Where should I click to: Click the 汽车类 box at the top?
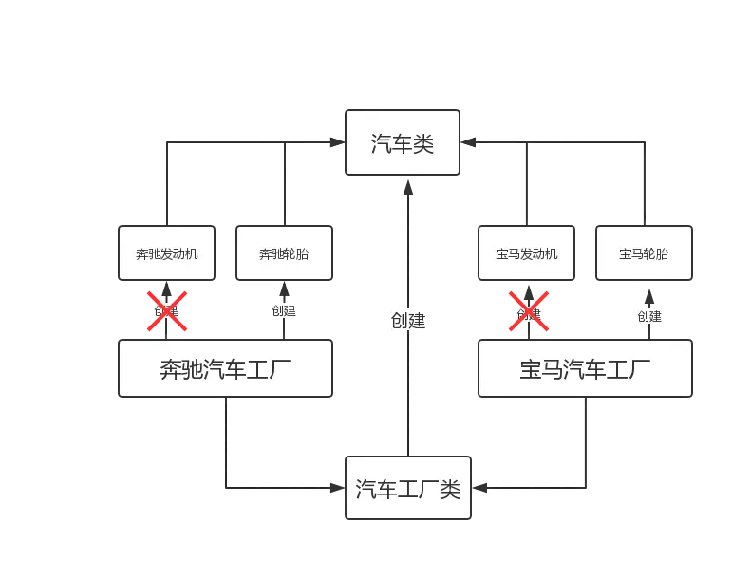[403, 143]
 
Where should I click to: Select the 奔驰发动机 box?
[166, 253]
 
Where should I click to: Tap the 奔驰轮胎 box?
[284, 253]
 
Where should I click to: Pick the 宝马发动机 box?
[526, 253]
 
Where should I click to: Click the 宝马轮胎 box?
[643, 253]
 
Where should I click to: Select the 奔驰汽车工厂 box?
[225, 368]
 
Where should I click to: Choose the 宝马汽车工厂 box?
[585, 368]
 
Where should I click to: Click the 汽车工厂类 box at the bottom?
[407, 489]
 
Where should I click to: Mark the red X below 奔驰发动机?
[166, 311]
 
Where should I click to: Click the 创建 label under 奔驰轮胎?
[283, 310]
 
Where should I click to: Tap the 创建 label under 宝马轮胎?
[649, 316]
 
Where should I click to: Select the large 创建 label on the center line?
[407, 320]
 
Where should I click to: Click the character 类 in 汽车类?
[423, 144]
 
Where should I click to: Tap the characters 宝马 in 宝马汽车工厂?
[541, 368]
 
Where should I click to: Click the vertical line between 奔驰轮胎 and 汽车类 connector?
[284, 185]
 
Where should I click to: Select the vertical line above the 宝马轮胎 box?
[642, 185]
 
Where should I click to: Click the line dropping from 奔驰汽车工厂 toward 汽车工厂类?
[224, 441]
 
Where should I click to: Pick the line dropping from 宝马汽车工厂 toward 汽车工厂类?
[585, 441]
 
